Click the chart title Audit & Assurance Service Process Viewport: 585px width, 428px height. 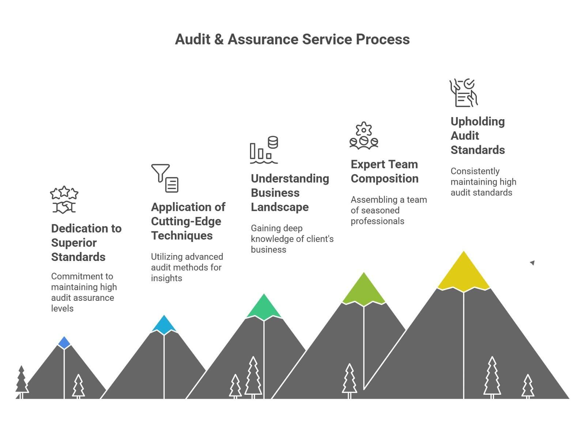tap(292, 39)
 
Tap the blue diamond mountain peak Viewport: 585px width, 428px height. tap(64, 342)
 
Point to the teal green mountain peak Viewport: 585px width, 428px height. tap(264, 307)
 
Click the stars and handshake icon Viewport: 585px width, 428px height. tap(64, 200)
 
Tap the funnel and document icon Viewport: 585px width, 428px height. tap(165, 178)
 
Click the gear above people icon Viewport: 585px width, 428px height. tap(363, 136)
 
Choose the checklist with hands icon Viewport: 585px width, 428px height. tap(464, 93)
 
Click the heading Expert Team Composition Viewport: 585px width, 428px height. tap(384, 171)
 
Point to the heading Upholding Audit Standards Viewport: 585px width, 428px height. tap(478, 136)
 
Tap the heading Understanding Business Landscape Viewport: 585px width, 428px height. tap(290, 193)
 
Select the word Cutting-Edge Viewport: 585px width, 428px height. tap(186, 221)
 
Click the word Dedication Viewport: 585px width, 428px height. tap(86, 228)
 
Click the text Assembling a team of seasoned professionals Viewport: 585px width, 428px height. tap(388, 210)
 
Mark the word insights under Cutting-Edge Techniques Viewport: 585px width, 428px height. tap(166, 278)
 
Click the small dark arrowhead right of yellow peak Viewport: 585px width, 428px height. tap(532, 262)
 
